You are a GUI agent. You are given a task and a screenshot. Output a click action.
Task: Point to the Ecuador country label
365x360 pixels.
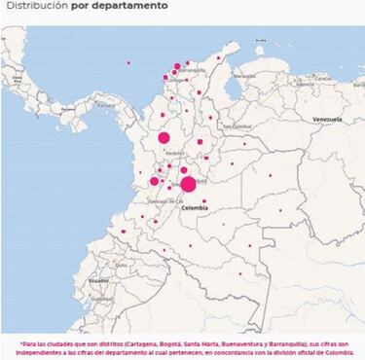[98, 280]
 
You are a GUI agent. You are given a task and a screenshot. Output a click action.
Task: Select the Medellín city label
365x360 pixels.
[174, 153]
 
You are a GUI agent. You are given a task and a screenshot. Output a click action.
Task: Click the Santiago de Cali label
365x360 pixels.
[159, 200]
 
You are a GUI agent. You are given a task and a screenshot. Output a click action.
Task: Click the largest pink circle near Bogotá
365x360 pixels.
[188, 184]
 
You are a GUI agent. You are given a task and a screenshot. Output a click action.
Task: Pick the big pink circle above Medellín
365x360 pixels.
[164, 138]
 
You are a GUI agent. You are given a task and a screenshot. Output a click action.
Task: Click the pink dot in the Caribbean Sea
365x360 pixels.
[128, 63]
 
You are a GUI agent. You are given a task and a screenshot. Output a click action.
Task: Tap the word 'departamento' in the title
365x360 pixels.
[131, 6]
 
